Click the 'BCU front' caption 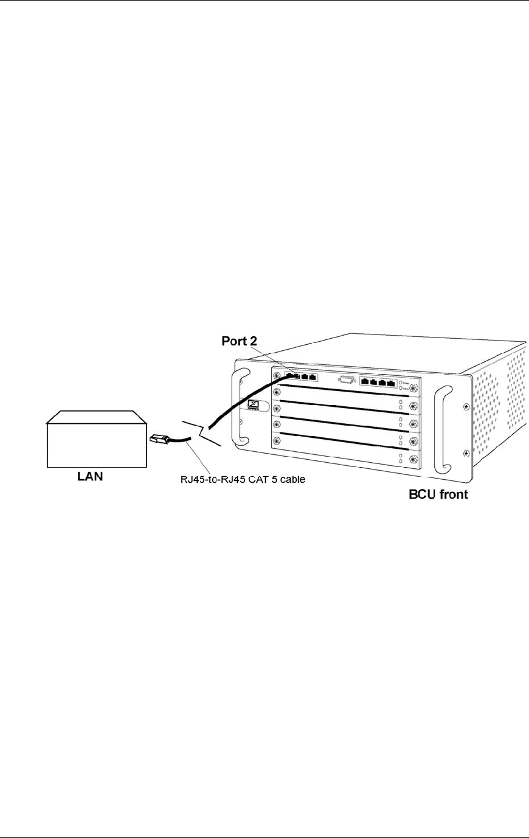click(438, 494)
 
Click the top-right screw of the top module click(413, 387)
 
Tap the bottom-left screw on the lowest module click(277, 440)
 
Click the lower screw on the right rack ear click(466, 453)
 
